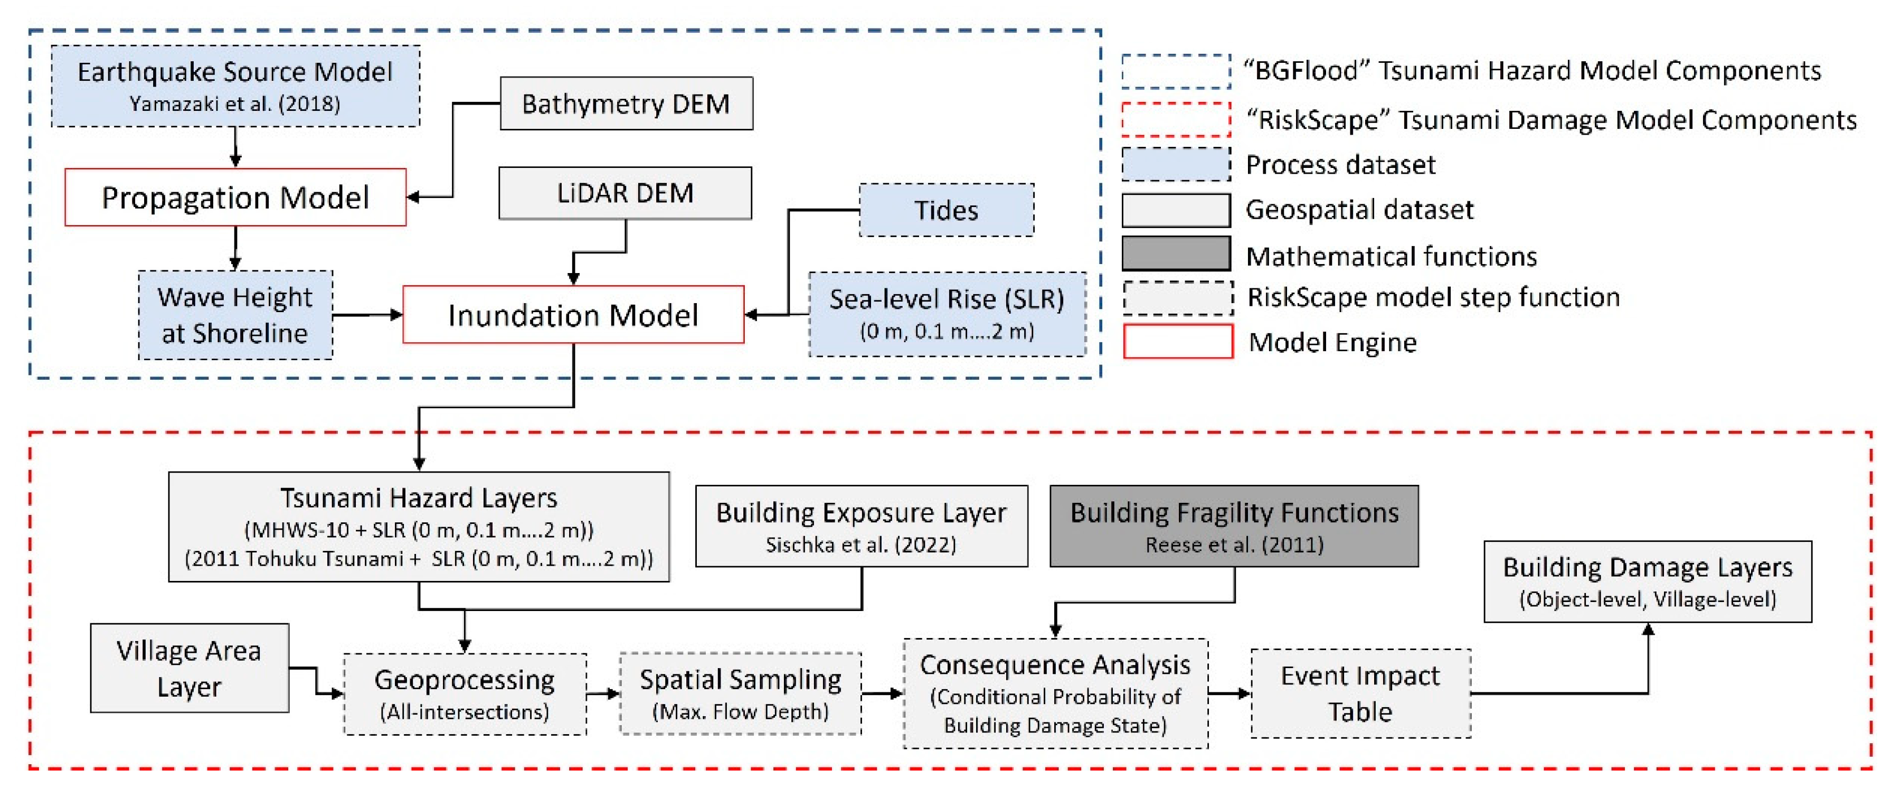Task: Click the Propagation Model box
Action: pyautogui.click(x=235, y=197)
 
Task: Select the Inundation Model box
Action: pyautogui.click(x=573, y=314)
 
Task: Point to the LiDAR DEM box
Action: pyautogui.click(x=625, y=193)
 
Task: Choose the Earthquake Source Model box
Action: pyautogui.click(x=235, y=86)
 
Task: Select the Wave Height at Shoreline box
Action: pyautogui.click(x=235, y=315)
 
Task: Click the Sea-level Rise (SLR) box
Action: pyautogui.click(x=947, y=314)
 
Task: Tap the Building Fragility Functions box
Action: pyautogui.click(x=1234, y=525)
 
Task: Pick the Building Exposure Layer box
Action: pyautogui.click(x=861, y=525)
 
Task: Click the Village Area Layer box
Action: pyautogui.click(x=189, y=668)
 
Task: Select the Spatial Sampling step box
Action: pyautogui.click(x=740, y=693)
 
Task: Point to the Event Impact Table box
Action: pyautogui.click(x=1360, y=693)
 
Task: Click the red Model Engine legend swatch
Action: pyautogui.click(x=1178, y=342)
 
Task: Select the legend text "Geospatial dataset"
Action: pyautogui.click(x=1359, y=210)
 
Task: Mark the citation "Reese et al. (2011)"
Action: pyautogui.click(x=1234, y=545)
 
